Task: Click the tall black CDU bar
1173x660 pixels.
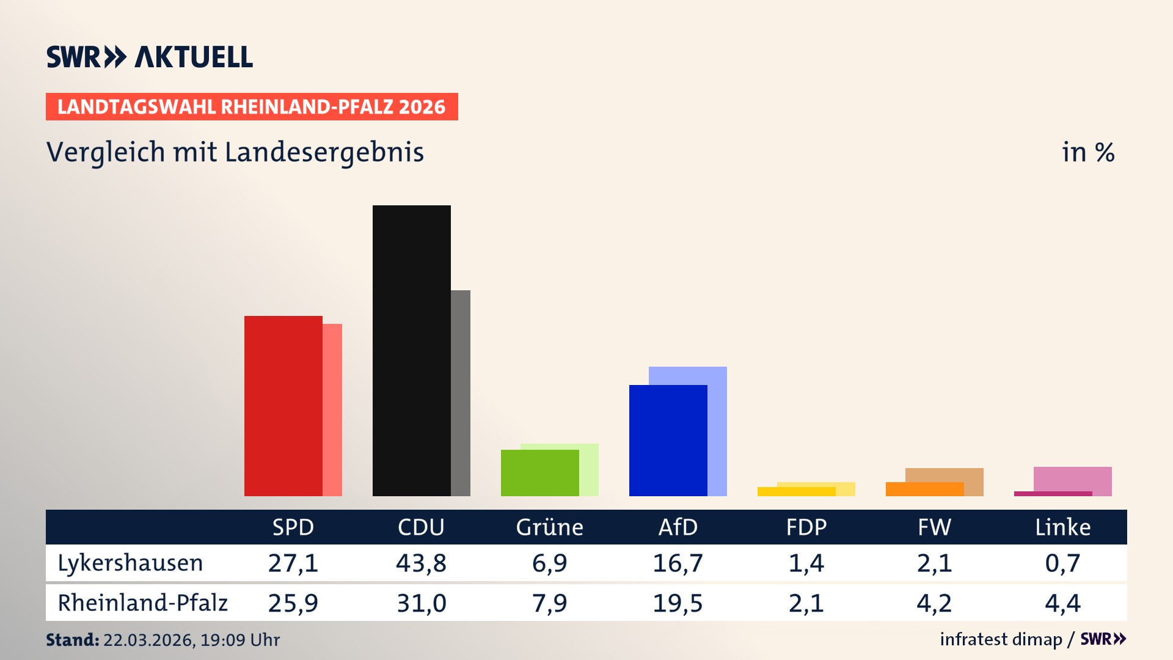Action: tap(411, 350)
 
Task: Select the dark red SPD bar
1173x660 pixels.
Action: tap(283, 406)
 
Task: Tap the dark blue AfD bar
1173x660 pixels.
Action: tap(668, 440)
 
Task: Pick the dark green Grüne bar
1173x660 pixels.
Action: tap(539, 472)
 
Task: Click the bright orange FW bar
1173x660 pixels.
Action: tap(924, 489)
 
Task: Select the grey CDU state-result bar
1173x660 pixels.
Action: tap(461, 392)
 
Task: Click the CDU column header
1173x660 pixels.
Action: tap(421, 527)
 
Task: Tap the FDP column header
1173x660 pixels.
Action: tap(806, 527)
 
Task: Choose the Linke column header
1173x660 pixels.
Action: tap(1062, 527)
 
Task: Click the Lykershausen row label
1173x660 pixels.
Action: tap(130, 563)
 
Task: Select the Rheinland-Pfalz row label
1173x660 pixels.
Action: tap(142, 603)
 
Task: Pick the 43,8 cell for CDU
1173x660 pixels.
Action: tap(421, 563)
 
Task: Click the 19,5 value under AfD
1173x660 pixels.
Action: tap(678, 603)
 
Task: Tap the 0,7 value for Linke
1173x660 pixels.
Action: tap(1062, 563)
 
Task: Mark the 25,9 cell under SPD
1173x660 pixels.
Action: tap(293, 603)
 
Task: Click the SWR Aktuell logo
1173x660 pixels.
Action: tap(150, 57)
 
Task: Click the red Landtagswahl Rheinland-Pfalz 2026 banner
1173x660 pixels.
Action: tap(252, 106)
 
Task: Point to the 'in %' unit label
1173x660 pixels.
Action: tap(1087, 152)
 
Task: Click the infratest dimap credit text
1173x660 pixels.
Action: tap(1001, 639)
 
